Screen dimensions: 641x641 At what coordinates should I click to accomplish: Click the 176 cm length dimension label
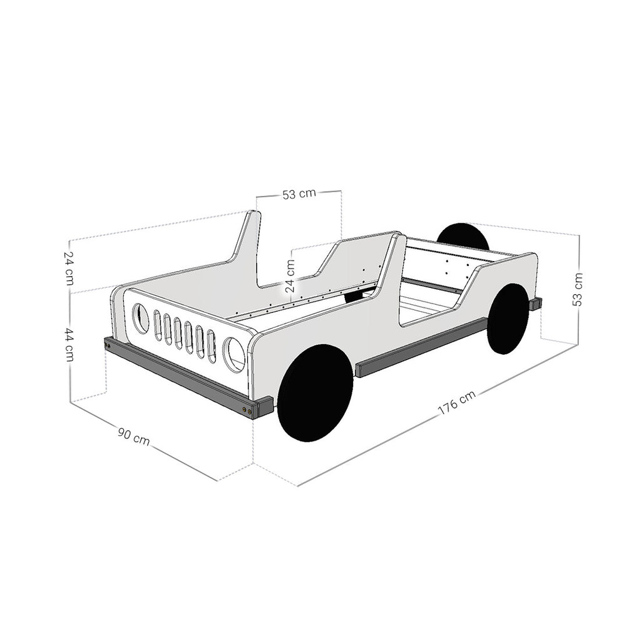456,403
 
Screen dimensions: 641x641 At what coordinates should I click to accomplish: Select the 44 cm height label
69,345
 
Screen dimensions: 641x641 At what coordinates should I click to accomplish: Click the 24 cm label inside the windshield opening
290,276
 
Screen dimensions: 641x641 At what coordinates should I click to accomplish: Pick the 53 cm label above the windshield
299,194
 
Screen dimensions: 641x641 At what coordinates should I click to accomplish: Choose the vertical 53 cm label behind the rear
577,289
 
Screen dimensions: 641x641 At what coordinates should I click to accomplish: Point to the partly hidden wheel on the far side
463,235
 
